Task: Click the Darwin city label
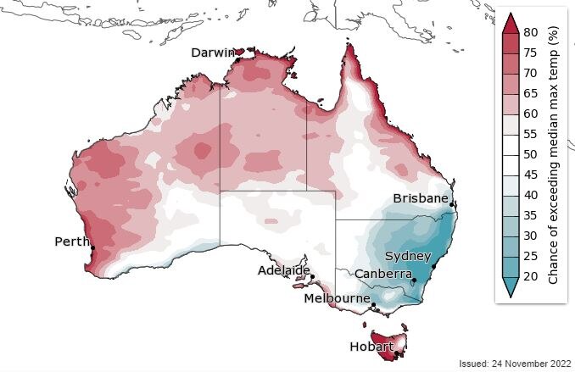pos(212,53)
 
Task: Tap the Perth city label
pos(72,242)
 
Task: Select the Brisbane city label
pos(420,198)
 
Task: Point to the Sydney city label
pos(408,256)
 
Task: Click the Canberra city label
pos(382,274)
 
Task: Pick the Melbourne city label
pos(337,298)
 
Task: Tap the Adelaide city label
pos(283,270)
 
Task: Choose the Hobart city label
pos(371,347)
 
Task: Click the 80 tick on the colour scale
pos(532,31)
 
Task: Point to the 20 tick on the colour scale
pos(532,276)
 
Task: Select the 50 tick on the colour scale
pos(532,154)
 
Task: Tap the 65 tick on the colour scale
pos(532,93)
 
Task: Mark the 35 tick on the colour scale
pos(532,215)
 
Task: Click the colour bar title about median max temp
pos(552,154)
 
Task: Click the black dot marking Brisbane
pos(452,204)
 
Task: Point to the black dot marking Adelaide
pos(312,276)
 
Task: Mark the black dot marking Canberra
pos(414,280)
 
